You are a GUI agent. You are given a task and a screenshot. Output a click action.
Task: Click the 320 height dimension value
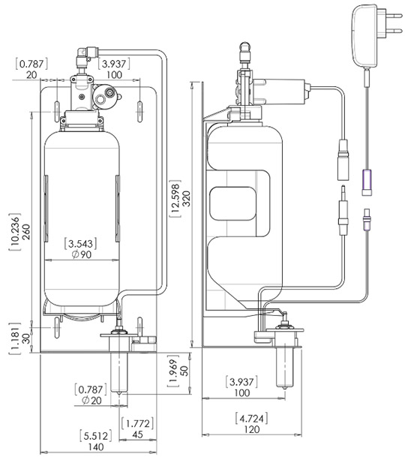(x=187, y=198)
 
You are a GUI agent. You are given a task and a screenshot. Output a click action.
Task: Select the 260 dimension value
(x=26, y=232)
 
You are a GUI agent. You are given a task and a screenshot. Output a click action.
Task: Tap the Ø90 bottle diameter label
(x=82, y=254)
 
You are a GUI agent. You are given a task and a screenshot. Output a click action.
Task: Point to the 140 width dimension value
(x=96, y=446)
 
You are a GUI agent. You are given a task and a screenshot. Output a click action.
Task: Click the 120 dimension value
(x=252, y=429)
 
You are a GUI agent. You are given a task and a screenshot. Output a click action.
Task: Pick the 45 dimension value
(x=137, y=434)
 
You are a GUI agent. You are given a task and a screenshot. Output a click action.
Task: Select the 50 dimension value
(x=184, y=371)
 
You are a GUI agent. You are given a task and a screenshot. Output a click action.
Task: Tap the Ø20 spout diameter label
(x=91, y=401)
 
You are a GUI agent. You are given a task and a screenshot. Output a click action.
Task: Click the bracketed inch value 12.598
(x=175, y=198)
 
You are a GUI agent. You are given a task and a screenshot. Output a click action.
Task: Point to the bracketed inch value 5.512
(x=96, y=436)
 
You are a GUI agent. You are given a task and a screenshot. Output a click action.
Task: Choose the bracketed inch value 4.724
(x=251, y=419)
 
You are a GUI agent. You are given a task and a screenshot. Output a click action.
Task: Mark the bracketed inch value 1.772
(x=137, y=423)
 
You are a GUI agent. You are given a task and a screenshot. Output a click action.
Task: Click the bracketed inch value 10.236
(x=15, y=232)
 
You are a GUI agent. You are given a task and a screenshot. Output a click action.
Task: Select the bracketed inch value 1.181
(x=15, y=338)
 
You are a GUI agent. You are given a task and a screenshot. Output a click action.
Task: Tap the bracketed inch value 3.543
(x=81, y=244)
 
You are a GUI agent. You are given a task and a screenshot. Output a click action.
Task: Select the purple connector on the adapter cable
(x=367, y=179)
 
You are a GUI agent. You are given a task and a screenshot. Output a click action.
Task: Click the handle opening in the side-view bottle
(x=232, y=203)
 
